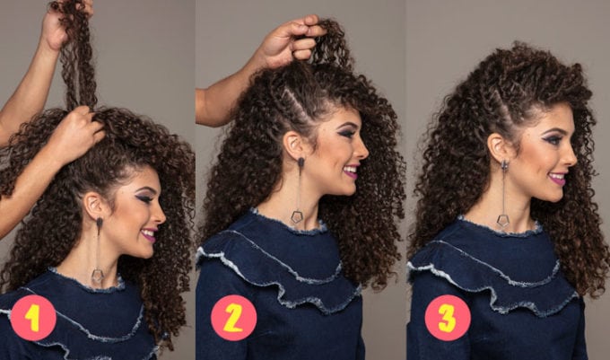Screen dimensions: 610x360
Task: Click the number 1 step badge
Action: (x=33, y=318)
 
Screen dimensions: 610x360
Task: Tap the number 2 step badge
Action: (x=233, y=318)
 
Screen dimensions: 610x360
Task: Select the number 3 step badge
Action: (x=448, y=318)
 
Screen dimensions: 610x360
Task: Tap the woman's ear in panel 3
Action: (x=499, y=147)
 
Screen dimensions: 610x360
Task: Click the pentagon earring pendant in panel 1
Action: (x=97, y=276)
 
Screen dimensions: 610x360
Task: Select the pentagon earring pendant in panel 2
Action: (x=297, y=216)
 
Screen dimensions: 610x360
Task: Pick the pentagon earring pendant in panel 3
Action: (x=503, y=220)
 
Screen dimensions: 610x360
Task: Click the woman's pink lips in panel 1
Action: (x=150, y=234)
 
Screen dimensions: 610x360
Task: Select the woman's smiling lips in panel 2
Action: (x=351, y=171)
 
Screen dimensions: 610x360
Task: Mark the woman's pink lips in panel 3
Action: (x=558, y=179)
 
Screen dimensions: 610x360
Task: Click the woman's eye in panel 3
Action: (x=555, y=138)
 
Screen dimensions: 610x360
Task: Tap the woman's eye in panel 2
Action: (x=345, y=133)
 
